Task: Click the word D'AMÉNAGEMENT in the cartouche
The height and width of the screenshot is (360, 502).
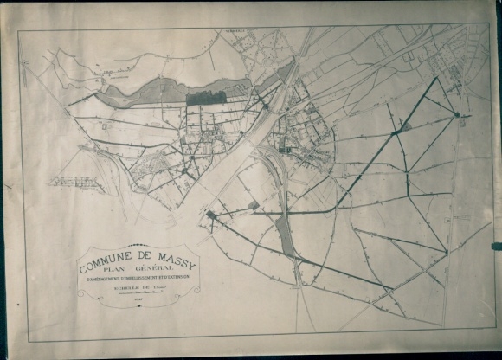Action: point(102,278)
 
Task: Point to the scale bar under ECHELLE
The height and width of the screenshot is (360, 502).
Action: point(140,292)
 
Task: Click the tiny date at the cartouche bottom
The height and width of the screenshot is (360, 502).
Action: point(139,299)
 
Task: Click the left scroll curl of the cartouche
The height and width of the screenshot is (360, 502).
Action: point(81,292)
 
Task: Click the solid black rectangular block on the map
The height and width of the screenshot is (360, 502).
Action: point(206,99)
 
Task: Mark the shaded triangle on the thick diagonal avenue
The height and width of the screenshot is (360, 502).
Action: point(405,127)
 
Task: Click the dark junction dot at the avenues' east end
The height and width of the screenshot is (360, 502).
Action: point(457,113)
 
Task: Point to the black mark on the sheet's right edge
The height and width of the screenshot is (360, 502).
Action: point(496,247)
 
